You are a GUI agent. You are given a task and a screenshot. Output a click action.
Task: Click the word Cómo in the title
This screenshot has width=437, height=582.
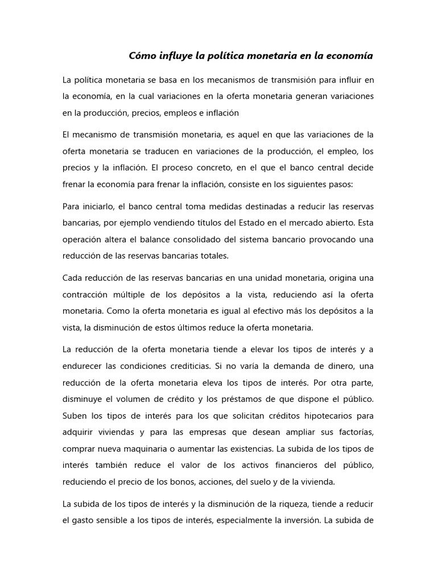click(141, 56)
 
